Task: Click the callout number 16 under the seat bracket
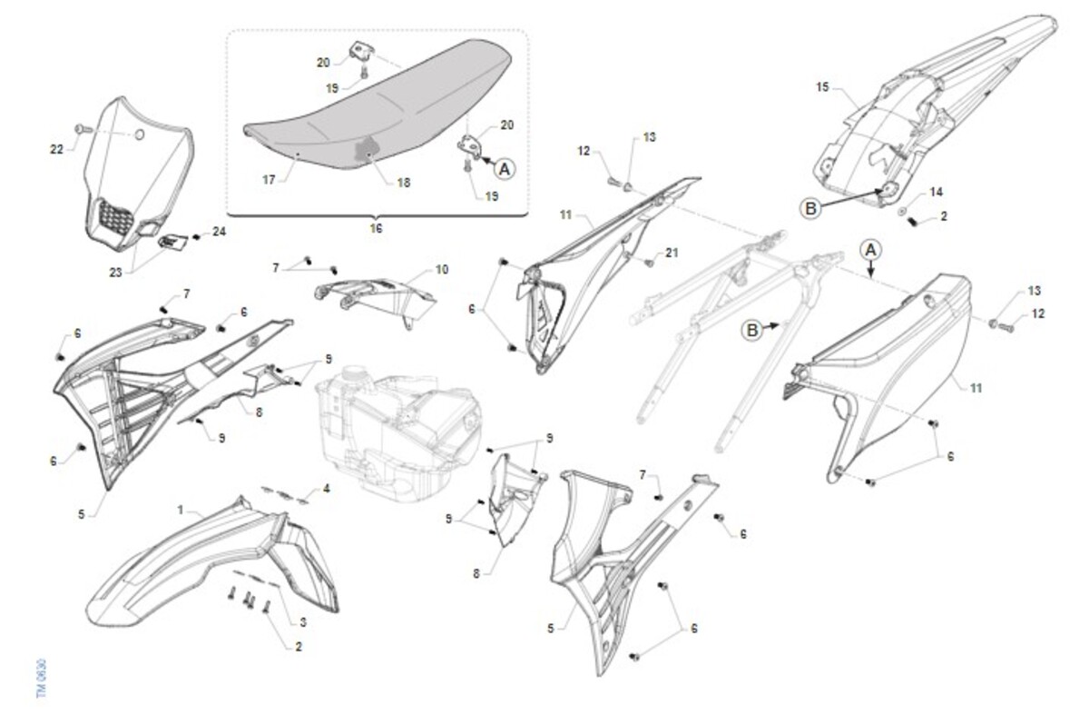tap(376, 228)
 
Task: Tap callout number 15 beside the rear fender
tap(822, 87)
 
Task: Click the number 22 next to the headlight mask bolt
tap(57, 149)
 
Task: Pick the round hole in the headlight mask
tap(139, 134)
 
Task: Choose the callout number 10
tap(441, 269)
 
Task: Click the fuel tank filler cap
tap(352, 373)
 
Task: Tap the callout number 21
tap(672, 253)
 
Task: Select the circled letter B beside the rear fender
tap(810, 208)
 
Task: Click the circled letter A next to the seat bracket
tap(505, 169)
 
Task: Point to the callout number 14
tap(936, 193)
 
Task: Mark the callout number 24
tap(220, 231)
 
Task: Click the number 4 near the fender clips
tap(326, 488)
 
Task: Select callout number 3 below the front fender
tap(303, 622)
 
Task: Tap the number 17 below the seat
tap(269, 180)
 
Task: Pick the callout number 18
tap(404, 183)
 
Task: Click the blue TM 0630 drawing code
tap(42, 679)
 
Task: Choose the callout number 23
tap(115, 272)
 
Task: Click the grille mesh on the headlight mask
tap(117, 217)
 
